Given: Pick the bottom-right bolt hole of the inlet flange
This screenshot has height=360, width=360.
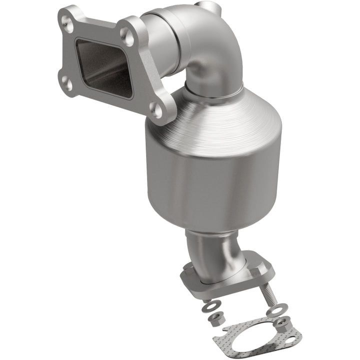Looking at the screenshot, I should click(x=156, y=110).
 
